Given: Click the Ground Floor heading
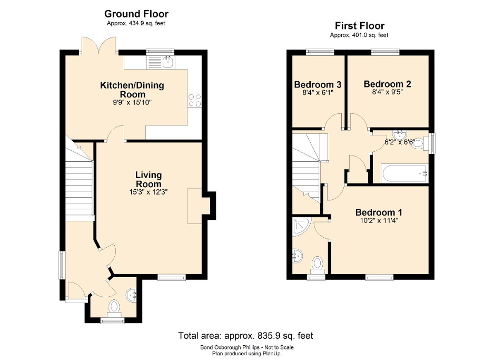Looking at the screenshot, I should click(136, 14).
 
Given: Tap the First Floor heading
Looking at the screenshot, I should click(360, 26).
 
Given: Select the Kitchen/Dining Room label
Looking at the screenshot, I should click(132, 90).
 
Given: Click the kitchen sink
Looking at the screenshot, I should click(168, 62).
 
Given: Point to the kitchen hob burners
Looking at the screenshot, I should click(194, 100).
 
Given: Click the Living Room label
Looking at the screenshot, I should click(149, 179).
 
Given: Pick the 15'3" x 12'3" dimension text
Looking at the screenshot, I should click(149, 192).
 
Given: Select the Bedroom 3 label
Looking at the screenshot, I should click(318, 84).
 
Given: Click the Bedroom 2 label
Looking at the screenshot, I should click(387, 84).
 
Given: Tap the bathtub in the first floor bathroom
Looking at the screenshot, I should click(404, 173).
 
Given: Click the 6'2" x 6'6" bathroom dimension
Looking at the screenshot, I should click(400, 142).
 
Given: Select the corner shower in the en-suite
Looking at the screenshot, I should click(301, 227).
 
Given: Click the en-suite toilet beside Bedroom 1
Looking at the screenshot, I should click(317, 262).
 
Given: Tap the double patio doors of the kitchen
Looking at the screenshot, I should click(98, 46).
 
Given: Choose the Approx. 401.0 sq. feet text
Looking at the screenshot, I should click(359, 35).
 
